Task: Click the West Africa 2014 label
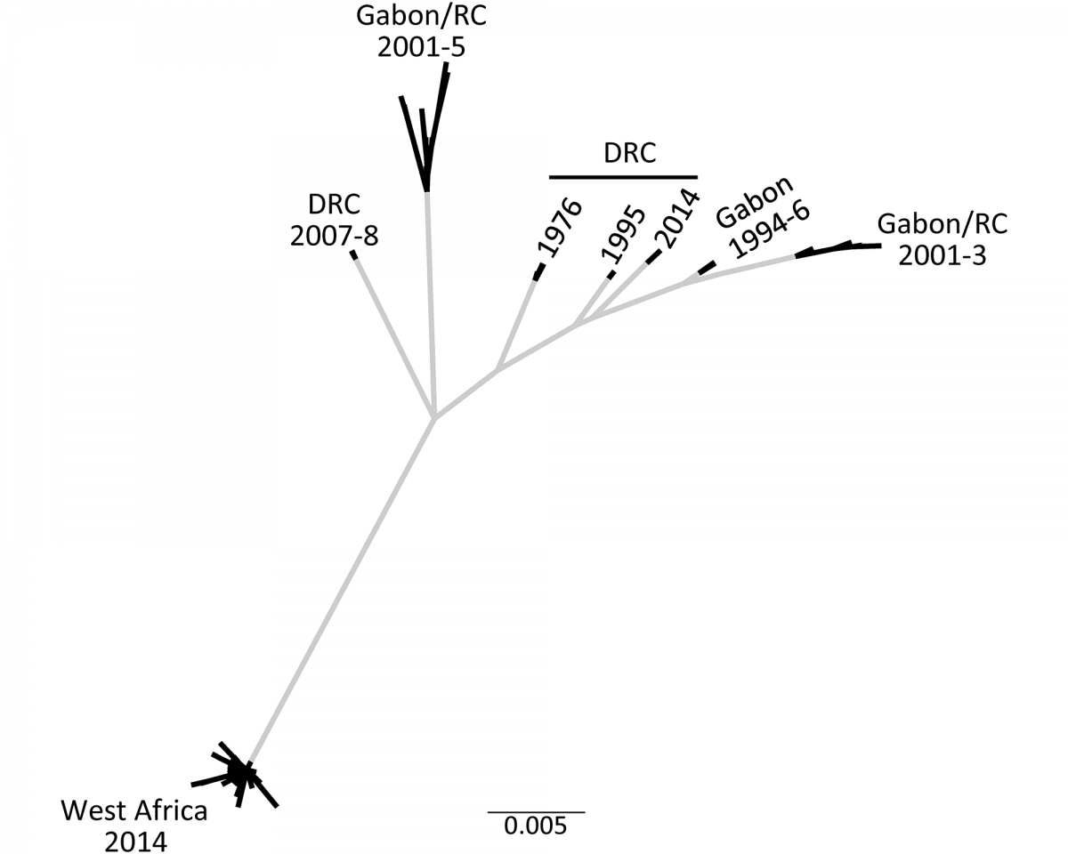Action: point(133,826)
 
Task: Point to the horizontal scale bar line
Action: point(535,811)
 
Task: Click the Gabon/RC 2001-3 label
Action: point(943,239)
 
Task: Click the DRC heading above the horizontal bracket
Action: point(629,154)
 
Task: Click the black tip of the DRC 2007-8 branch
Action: point(354,255)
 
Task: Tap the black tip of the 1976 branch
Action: point(538,271)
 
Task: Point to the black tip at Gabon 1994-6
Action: point(706,268)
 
